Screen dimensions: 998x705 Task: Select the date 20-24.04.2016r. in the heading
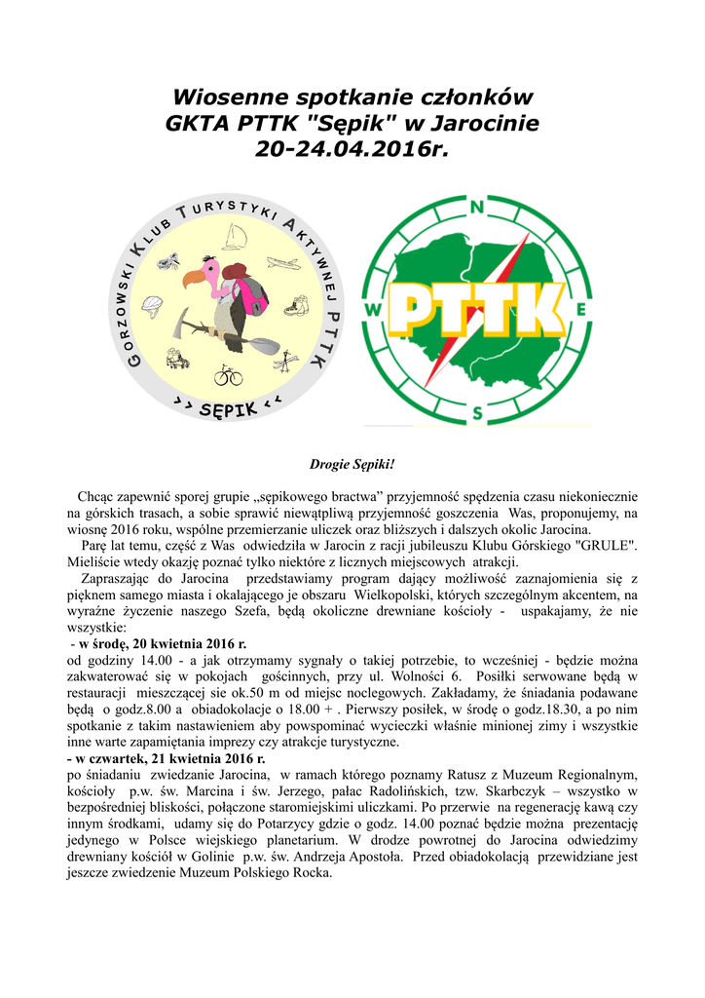(x=352, y=150)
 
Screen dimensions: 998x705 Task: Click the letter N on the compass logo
(x=477, y=208)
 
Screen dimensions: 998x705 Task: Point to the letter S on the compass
(x=477, y=413)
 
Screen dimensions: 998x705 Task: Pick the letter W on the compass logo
(x=373, y=311)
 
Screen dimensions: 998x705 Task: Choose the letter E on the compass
(x=581, y=310)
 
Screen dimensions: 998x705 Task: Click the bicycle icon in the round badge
(x=229, y=374)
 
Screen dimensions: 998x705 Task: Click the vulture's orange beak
(x=194, y=281)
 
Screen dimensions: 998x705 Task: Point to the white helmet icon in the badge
(x=151, y=304)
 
